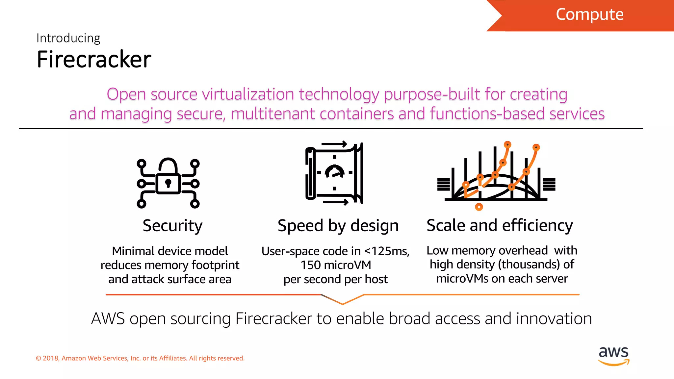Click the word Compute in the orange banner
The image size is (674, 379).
pyautogui.click(x=589, y=14)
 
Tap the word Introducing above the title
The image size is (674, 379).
pyautogui.click(x=68, y=38)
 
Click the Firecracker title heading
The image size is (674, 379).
pyautogui.click(x=94, y=60)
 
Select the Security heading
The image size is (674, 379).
pyautogui.click(x=172, y=226)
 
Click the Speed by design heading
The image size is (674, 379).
pyautogui.click(x=338, y=226)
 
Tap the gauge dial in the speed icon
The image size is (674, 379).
pyautogui.click(x=334, y=172)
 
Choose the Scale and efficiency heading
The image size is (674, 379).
pyautogui.click(x=500, y=225)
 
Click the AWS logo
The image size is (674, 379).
pyautogui.click(x=613, y=356)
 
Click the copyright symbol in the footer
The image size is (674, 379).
pyautogui.click(x=39, y=358)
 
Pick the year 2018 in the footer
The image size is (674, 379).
pyautogui.click(x=50, y=358)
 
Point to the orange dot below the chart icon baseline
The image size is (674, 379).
pyautogui.click(x=479, y=207)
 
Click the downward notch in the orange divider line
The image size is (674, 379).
pyautogui.click(x=342, y=303)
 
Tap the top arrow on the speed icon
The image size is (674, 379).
pyautogui.click(x=334, y=144)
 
